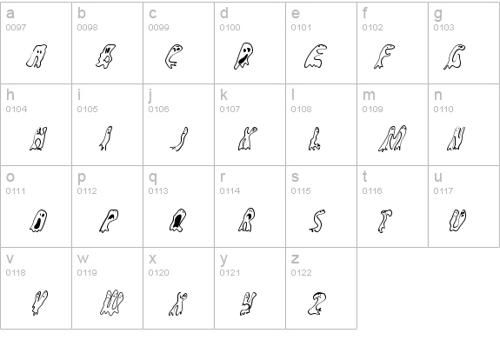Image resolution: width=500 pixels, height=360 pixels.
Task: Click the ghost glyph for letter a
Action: tap(36, 57)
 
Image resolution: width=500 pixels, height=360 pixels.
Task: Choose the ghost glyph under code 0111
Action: tap(38, 220)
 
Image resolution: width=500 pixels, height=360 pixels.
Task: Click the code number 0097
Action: tap(15, 27)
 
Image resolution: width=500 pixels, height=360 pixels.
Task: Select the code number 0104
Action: tap(15, 109)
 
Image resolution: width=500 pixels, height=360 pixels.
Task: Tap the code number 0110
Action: tap(443, 109)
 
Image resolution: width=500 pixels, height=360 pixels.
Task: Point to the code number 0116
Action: tap(371, 190)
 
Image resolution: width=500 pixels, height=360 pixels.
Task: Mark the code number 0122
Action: tap(300, 272)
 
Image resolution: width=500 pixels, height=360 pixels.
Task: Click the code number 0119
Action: tap(86, 272)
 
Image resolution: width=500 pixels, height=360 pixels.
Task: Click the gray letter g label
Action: tap(437, 14)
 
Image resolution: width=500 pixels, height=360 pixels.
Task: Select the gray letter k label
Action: tap(223, 96)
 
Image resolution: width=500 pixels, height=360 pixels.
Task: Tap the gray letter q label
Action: tap(152, 177)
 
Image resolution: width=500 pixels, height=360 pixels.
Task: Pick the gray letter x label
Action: tap(152, 259)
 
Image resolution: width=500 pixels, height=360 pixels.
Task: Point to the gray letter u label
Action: tap(437, 177)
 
